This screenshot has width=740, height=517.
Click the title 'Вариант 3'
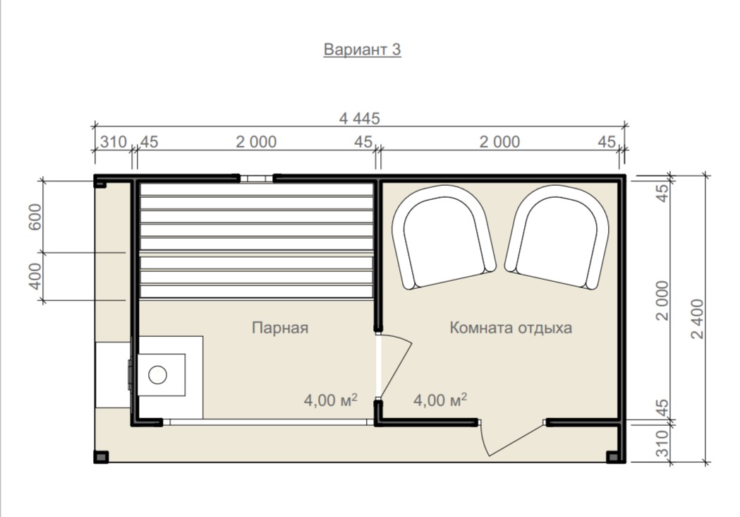coord(362,49)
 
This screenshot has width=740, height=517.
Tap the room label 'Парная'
coord(280,328)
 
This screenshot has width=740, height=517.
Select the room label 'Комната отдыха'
coord(511,328)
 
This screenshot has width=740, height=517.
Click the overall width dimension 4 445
coord(360,118)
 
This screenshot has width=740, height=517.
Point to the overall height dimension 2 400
coord(697,319)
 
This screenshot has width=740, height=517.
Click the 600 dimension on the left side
coord(35,217)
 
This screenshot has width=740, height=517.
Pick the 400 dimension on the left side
coord(35,276)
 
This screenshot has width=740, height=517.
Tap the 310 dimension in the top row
coord(114,141)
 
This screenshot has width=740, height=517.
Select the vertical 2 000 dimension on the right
coord(662,301)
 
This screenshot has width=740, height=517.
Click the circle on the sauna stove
coord(157,375)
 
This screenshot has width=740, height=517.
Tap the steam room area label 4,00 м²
coord(330,400)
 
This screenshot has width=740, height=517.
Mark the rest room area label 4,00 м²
coord(440,400)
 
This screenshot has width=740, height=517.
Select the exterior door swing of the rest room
coord(513,437)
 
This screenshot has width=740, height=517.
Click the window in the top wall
coord(256,179)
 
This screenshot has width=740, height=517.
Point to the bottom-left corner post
coord(101,456)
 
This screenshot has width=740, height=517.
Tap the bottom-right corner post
coord(612,456)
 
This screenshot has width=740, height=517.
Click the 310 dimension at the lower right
coord(662,444)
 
